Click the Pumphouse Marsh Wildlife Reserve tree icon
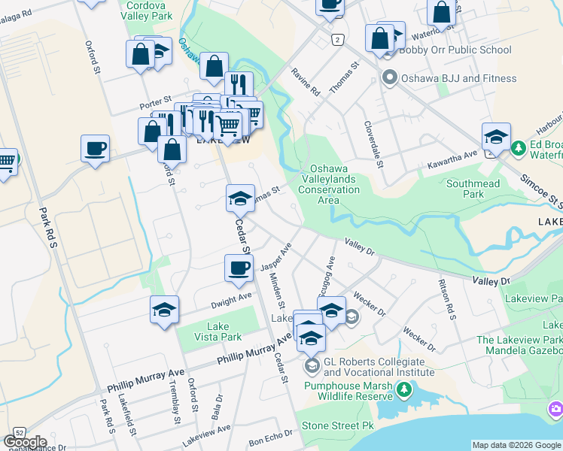405,389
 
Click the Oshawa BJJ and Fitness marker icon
389,77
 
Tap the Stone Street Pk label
338,425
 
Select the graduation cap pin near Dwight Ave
164,310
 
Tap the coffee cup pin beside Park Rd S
96,148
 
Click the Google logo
25,442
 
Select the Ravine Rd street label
306,82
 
